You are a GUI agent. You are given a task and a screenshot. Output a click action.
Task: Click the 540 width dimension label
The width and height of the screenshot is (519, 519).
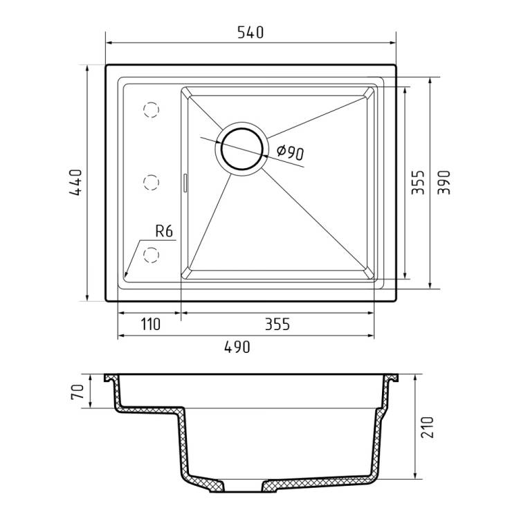[251, 33]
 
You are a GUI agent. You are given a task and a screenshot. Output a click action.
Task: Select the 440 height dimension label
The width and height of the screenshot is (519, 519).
[76, 183]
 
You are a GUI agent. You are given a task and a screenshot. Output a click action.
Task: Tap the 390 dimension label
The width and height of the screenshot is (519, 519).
[444, 183]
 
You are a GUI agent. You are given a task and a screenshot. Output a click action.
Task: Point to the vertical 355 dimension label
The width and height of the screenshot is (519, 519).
[418, 183]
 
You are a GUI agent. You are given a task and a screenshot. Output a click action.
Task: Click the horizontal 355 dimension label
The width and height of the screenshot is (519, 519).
[277, 325]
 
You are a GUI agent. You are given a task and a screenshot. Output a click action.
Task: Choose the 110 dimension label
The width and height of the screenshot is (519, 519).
[151, 325]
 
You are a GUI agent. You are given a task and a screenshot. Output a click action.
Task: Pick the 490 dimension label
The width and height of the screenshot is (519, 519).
[237, 347]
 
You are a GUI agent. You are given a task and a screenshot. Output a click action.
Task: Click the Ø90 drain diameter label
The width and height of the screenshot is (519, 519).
[290, 153]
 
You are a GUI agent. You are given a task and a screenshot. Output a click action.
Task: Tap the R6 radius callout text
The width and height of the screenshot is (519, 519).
[164, 231]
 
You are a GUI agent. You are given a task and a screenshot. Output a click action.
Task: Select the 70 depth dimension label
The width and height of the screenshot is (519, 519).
[77, 392]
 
